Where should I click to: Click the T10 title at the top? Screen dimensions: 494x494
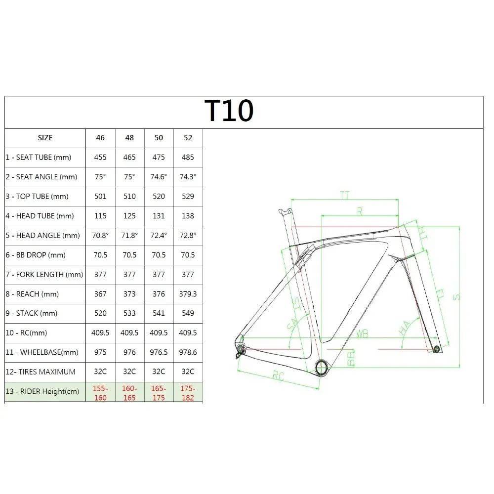(x=229, y=111)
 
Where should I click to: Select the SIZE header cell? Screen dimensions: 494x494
(x=45, y=138)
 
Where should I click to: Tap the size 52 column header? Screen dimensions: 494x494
(x=188, y=138)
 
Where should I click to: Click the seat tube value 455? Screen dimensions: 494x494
(x=100, y=158)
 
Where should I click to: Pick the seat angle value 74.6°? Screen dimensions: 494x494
(x=159, y=177)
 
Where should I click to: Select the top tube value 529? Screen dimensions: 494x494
(x=188, y=196)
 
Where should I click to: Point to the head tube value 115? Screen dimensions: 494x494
(x=100, y=216)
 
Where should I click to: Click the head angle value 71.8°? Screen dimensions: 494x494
(x=129, y=235)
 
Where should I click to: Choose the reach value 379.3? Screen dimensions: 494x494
(x=188, y=294)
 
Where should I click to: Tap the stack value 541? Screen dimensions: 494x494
(x=159, y=313)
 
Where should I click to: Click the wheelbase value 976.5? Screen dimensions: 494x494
(x=159, y=352)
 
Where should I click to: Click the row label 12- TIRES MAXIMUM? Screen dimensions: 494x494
(x=41, y=371)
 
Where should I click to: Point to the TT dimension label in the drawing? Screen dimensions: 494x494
(x=344, y=195)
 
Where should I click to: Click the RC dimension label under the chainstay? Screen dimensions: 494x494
(x=279, y=377)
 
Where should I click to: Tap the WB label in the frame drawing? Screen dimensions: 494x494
(x=362, y=334)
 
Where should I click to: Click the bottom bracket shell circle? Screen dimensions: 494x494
(x=321, y=367)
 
